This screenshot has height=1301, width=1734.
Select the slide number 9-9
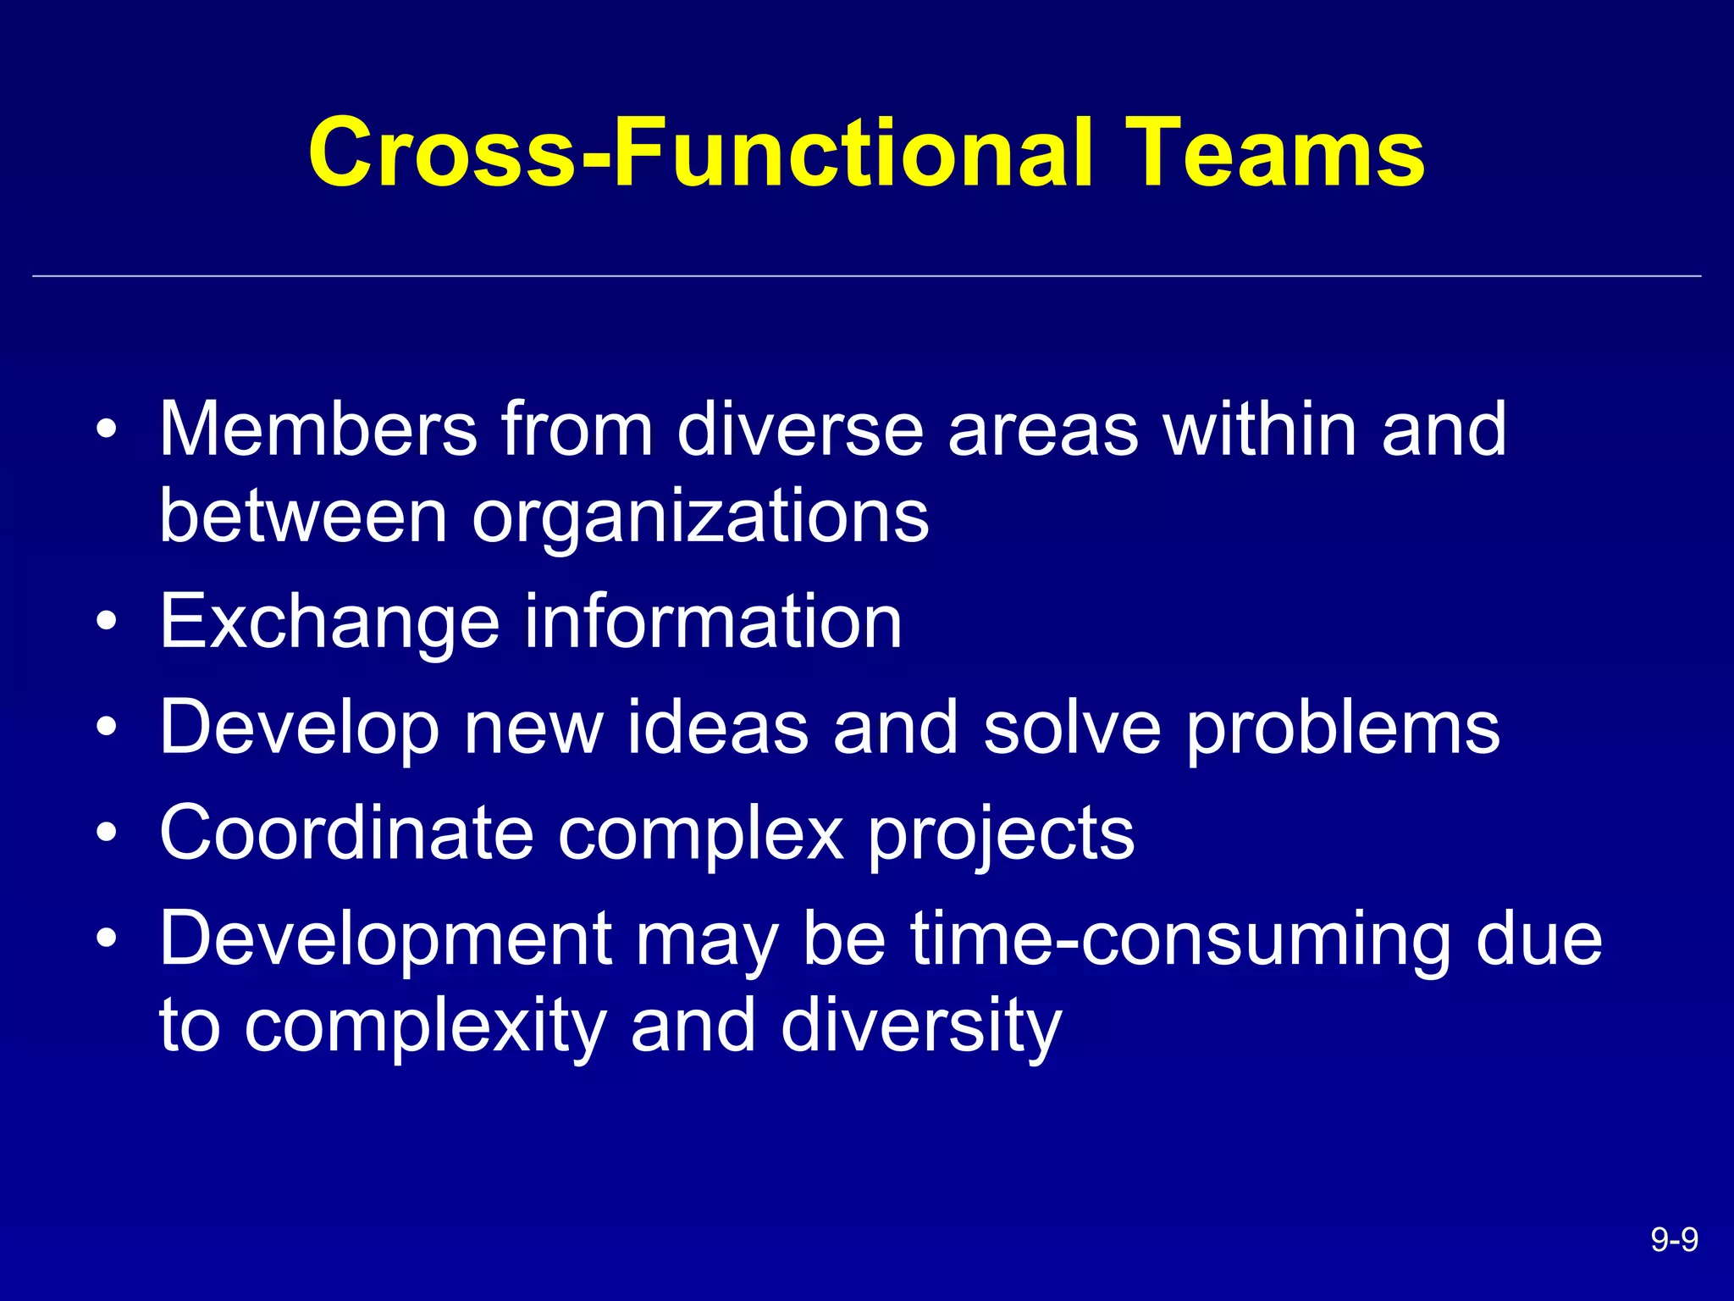point(1674,1240)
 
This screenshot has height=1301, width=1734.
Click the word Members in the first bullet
point(318,429)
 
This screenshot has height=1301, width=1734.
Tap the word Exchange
point(330,623)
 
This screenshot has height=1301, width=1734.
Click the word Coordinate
point(346,833)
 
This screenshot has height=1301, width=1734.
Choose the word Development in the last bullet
point(385,938)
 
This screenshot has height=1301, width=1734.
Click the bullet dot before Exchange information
point(106,623)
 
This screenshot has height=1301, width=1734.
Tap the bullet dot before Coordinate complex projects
point(106,833)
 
